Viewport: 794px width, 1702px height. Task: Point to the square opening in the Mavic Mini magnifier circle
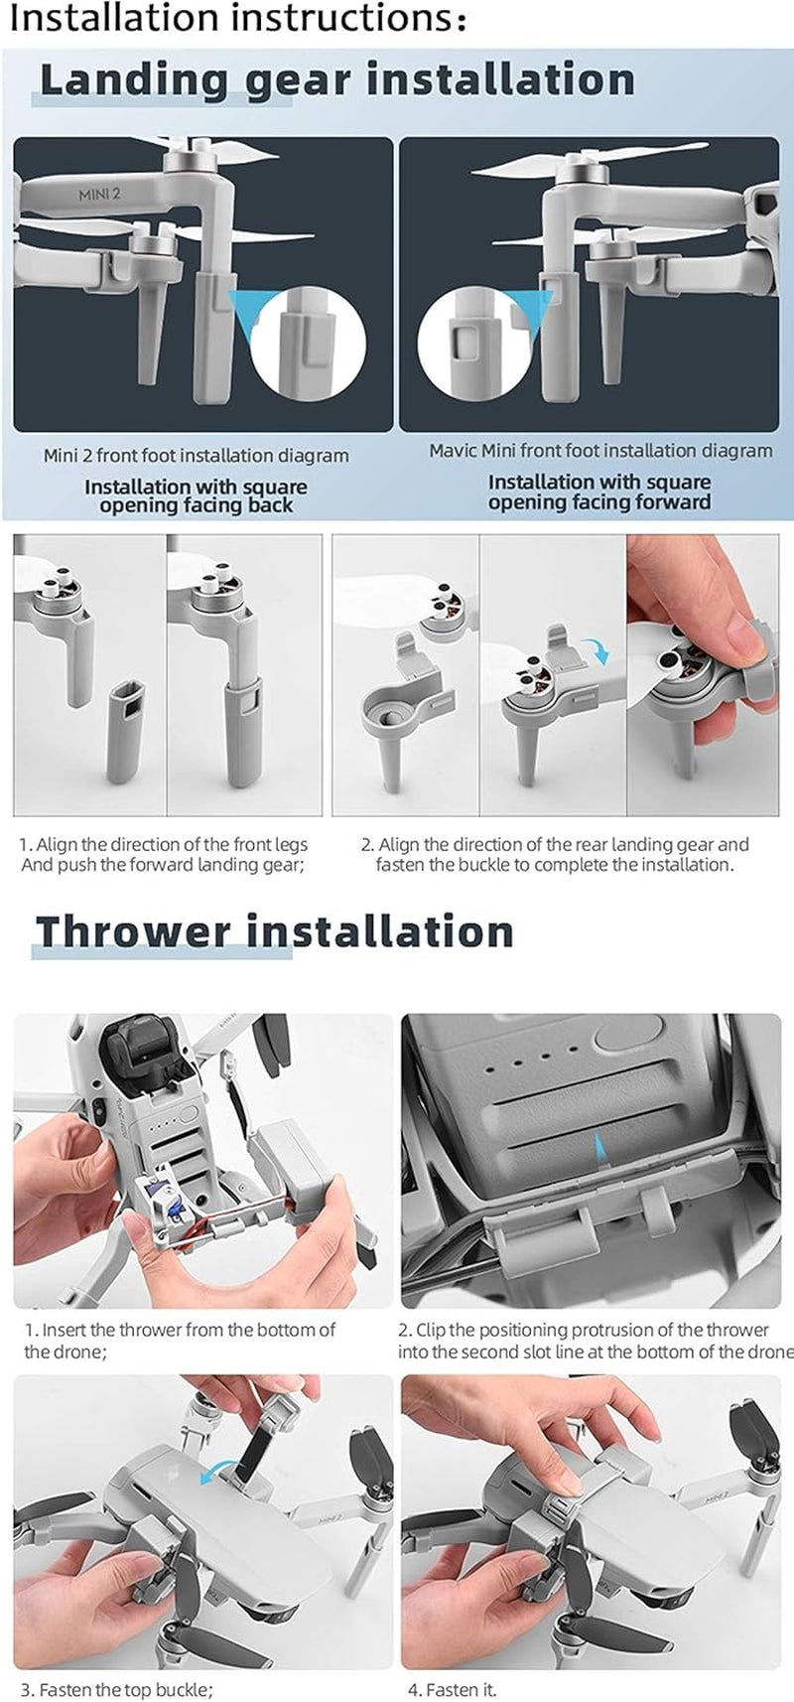tap(465, 345)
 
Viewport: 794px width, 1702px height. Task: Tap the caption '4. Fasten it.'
tap(452, 1689)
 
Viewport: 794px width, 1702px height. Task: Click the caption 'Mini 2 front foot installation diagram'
tap(196, 456)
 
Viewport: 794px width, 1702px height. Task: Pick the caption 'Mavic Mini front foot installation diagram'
tap(600, 451)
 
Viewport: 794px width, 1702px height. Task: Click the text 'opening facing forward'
tap(599, 502)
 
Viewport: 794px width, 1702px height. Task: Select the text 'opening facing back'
tap(196, 506)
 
